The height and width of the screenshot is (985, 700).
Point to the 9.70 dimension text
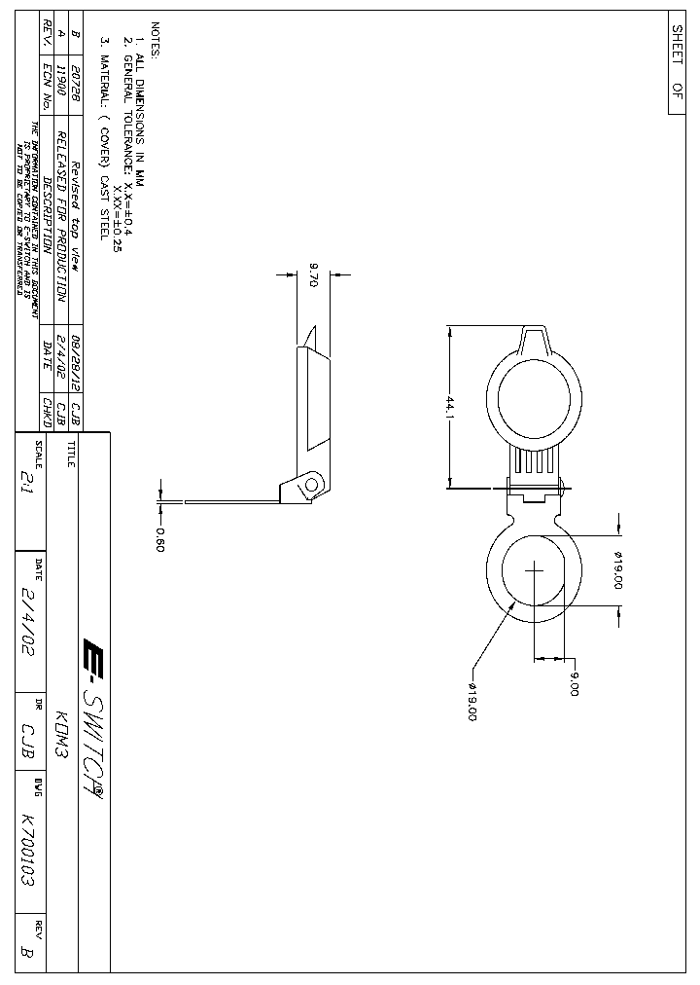click(313, 275)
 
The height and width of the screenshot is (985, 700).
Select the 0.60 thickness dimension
click(160, 537)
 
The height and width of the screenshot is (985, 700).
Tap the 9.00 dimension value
click(574, 683)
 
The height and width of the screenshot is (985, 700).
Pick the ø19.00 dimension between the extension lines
click(617, 570)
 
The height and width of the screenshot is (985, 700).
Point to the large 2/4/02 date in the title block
click(28, 624)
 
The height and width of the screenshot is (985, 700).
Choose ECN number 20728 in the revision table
click(76, 86)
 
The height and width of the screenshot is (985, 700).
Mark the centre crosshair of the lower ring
click(534, 571)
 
